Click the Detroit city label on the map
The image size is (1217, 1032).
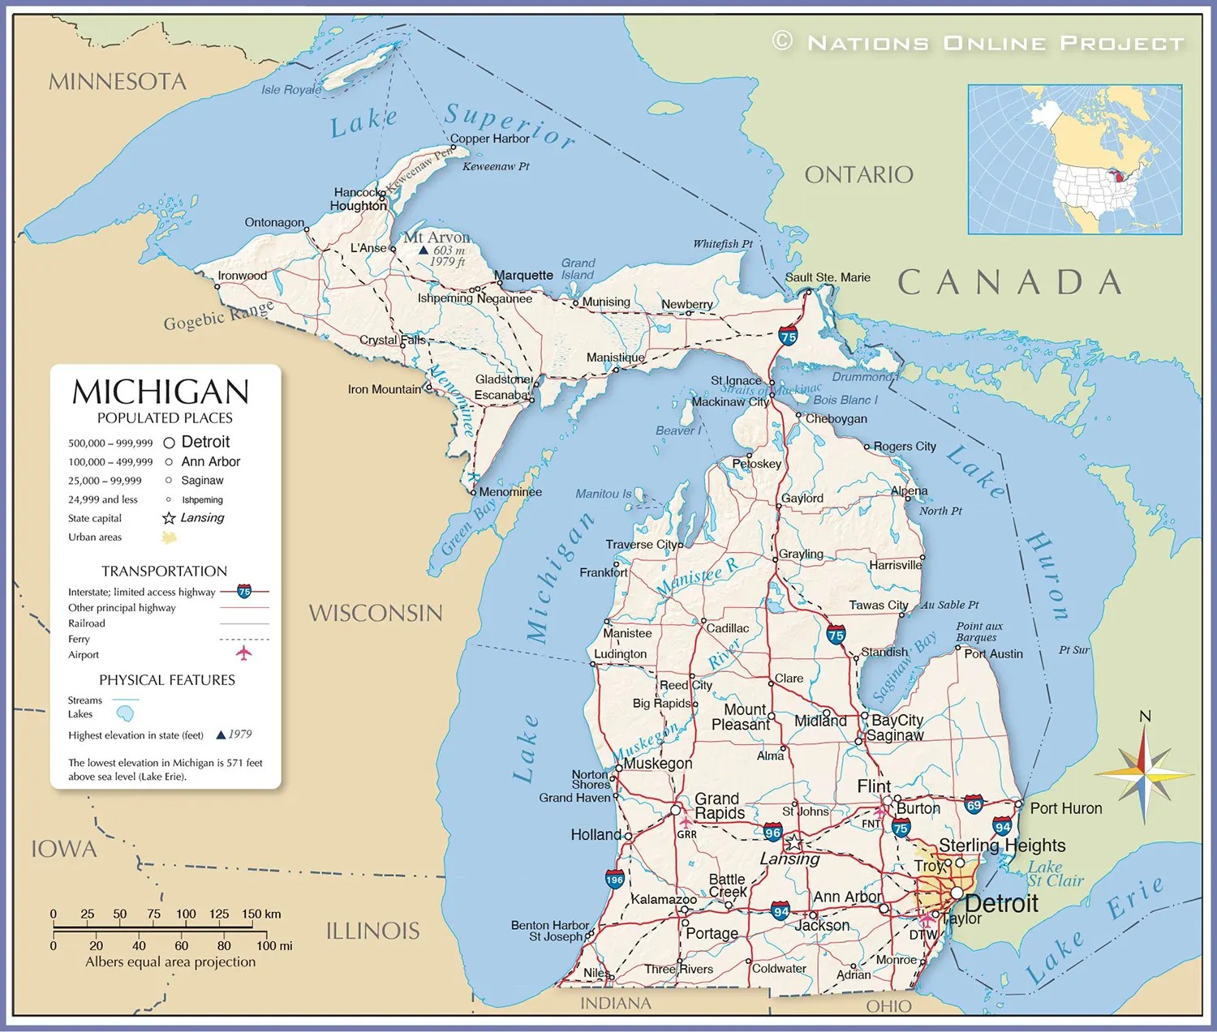(x=1001, y=904)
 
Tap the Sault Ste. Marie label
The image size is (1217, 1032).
(x=828, y=277)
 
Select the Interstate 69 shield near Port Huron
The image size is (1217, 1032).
(x=974, y=805)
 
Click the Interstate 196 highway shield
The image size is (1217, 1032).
(x=614, y=880)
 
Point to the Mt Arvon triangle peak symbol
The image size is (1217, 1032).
(x=423, y=251)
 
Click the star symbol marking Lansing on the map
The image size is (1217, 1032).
(x=793, y=842)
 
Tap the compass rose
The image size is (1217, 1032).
(x=1144, y=774)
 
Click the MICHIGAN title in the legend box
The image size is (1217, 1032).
(x=161, y=392)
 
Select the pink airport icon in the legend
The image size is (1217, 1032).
(x=243, y=653)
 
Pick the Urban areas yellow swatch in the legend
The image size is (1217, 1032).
(x=169, y=537)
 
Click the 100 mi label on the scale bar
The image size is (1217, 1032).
(x=274, y=946)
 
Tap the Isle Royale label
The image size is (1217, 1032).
(x=290, y=90)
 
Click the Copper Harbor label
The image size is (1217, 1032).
(x=489, y=139)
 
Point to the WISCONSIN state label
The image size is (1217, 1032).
(x=376, y=613)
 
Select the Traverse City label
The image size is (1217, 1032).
(x=643, y=544)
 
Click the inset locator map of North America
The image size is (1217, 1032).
(x=1074, y=160)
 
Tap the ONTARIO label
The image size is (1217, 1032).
(x=858, y=174)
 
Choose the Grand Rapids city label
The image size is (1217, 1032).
(x=718, y=806)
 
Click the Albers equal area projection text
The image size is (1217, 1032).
(x=170, y=962)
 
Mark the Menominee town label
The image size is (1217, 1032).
(x=510, y=492)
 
